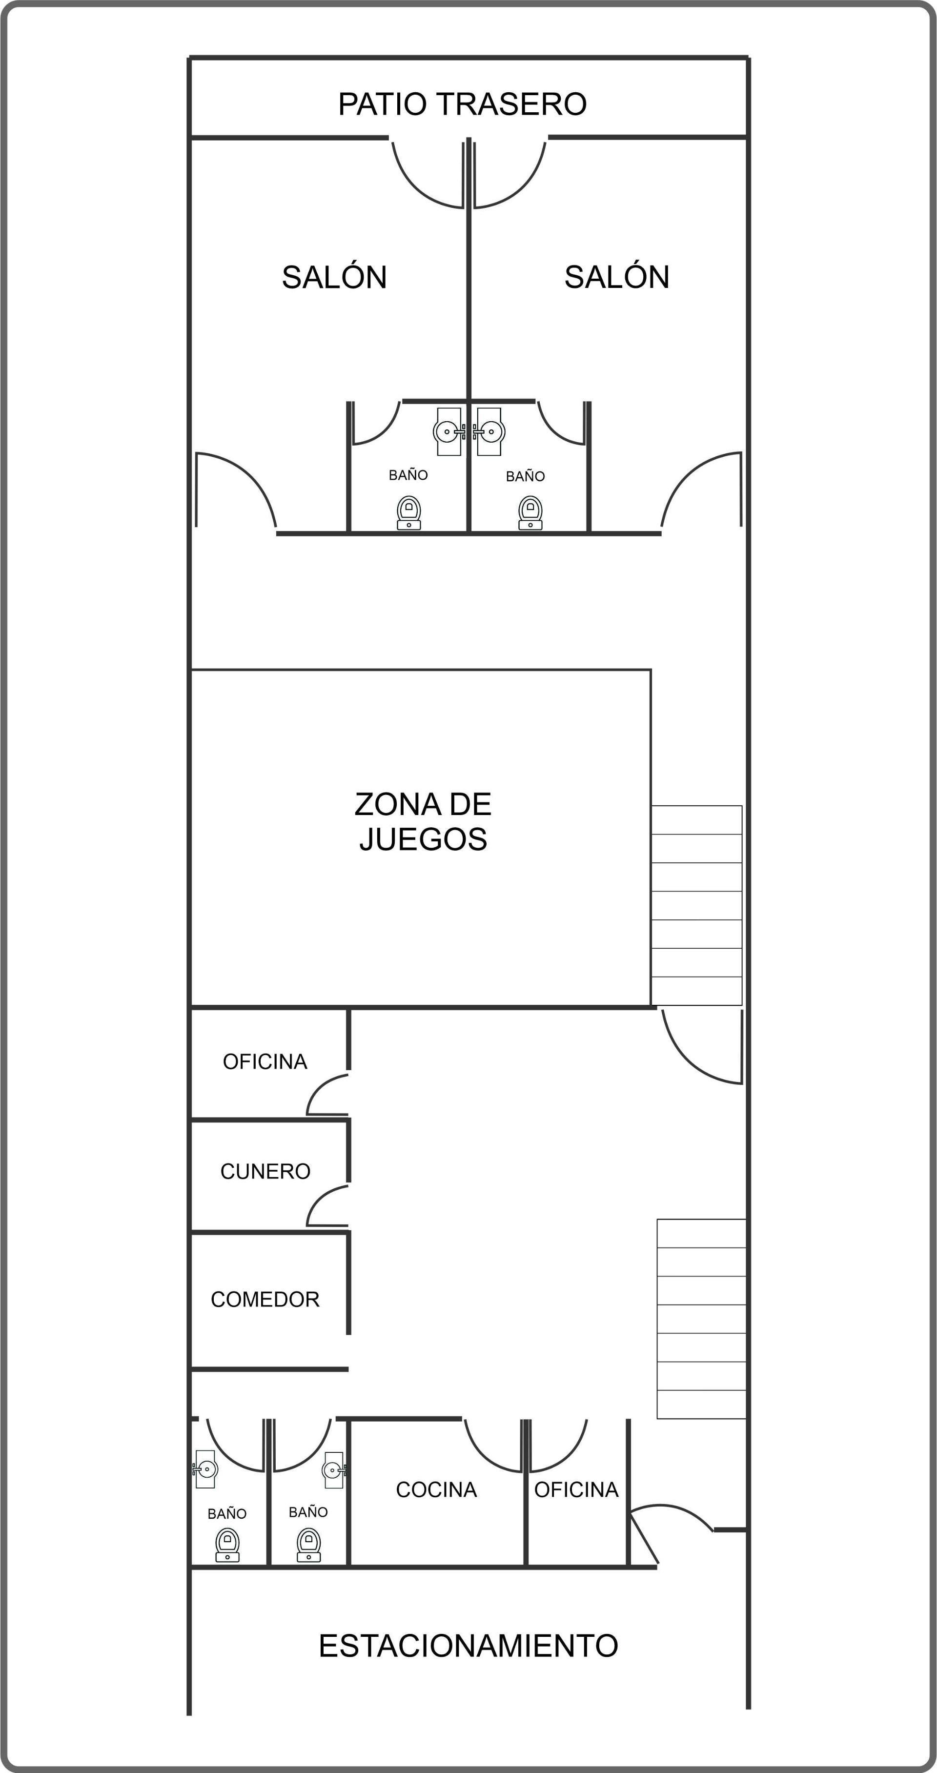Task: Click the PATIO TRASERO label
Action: click(462, 104)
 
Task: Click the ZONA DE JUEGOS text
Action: click(423, 821)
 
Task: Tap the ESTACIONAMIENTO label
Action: click(468, 1646)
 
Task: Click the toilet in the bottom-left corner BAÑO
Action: click(227, 1545)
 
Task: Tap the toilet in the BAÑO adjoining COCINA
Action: click(308, 1545)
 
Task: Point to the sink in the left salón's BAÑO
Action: click(449, 431)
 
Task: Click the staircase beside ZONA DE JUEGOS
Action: click(696, 905)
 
